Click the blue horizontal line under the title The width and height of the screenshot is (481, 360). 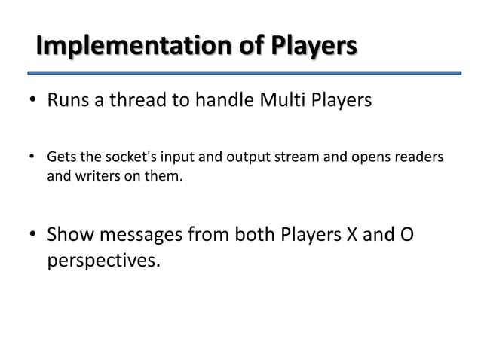(244, 74)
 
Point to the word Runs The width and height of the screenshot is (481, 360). (69, 101)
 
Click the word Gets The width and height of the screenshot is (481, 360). (60, 157)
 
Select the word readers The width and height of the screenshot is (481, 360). (420, 157)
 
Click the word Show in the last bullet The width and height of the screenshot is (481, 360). (71, 236)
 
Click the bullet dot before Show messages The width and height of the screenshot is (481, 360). (34, 237)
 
